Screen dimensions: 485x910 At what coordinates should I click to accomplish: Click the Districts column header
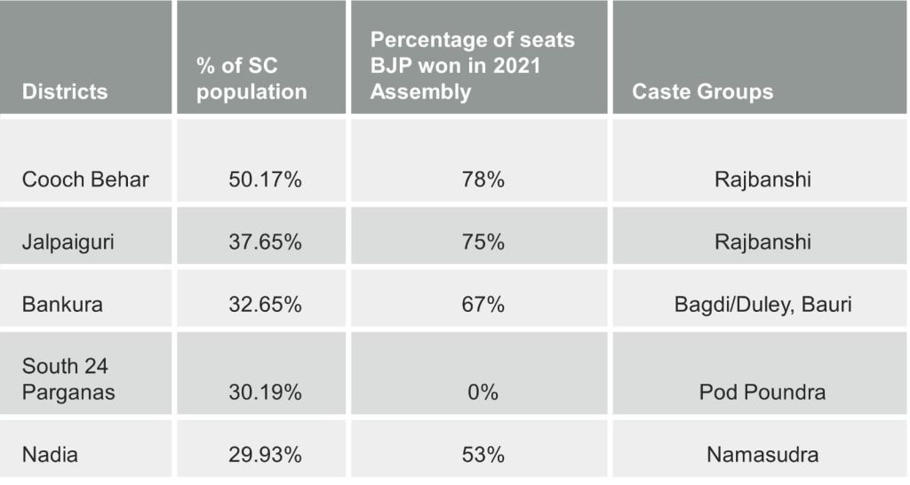[65, 91]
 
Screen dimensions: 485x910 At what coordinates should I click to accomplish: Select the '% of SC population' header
[251, 79]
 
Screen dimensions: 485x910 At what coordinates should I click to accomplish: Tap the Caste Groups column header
[702, 91]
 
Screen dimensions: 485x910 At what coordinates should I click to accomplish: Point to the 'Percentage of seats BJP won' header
[472, 66]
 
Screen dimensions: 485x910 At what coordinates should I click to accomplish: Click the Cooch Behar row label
[85, 179]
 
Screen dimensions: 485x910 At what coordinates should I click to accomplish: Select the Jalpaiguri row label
[68, 242]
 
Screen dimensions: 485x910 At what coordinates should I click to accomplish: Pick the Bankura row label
[62, 304]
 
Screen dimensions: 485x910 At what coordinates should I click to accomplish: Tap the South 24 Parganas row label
[68, 378]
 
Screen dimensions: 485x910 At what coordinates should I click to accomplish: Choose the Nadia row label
[50, 455]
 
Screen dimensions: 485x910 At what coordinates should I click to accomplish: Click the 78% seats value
[483, 179]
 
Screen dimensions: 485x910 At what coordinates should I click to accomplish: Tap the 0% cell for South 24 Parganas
[483, 392]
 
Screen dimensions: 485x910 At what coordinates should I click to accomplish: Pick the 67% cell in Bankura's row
[483, 304]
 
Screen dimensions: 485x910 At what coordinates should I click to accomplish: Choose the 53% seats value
[483, 455]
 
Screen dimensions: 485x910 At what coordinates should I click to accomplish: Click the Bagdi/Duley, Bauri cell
[762, 304]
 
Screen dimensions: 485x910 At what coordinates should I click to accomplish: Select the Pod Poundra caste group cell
[762, 392]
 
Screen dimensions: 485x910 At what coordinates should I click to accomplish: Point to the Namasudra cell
[762, 455]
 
